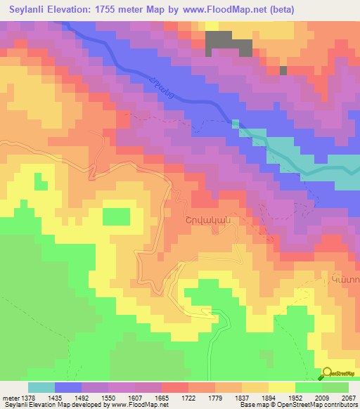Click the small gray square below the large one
pyautogui.click(x=283, y=70)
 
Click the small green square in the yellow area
pyautogui.click(x=116, y=216)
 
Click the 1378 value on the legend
pyautogui.click(x=22, y=397)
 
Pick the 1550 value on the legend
pyautogui.click(x=95, y=397)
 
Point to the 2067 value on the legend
pyautogui.click(x=348, y=397)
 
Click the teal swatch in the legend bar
pyautogui.click(x=41, y=387)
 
